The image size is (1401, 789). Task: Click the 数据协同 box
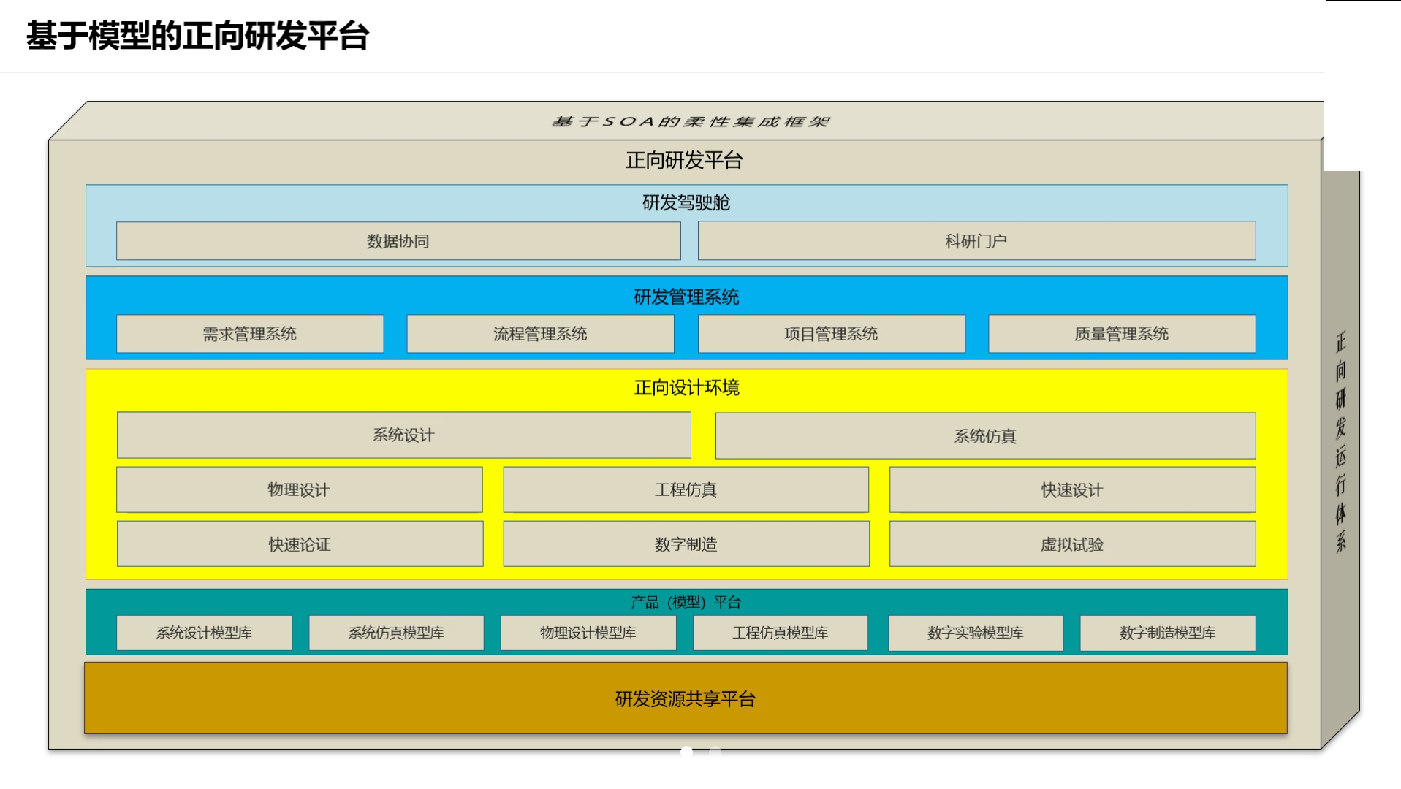pyautogui.click(x=398, y=241)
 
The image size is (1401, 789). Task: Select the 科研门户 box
pyautogui.click(x=976, y=241)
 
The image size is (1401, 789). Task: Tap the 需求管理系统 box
pyautogui.click(x=250, y=334)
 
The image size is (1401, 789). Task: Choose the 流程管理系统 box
pyautogui.click(x=540, y=334)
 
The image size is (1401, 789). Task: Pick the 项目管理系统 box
pyautogui.click(x=831, y=334)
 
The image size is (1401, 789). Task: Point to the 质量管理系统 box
pyautogui.click(x=1122, y=334)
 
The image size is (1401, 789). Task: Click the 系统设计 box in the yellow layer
pyautogui.click(x=403, y=435)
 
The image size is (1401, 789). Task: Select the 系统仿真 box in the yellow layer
pyautogui.click(x=985, y=436)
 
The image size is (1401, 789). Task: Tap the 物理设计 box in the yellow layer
pyautogui.click(x=299, y=489)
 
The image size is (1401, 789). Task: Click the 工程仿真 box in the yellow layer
pyautogui.click(x=686, y=489)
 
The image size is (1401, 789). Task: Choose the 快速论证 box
pyautogui.click(x=300, y=544)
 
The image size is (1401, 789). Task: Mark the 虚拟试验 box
pyautogui.click(x=1072, y=544)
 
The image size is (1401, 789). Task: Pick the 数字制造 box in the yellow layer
pyautogui.click(x=686, y=544)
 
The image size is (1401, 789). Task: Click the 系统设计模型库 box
pyautogui.click(x=204, y=633)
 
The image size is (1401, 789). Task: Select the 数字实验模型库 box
pyautogui.click(x=976, y=633)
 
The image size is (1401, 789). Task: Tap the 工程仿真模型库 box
pyautogui.click(x=781, y=633)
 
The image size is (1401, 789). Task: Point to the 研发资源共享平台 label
pyautogui.click(x=686, y=699)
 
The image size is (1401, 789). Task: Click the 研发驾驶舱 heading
pyautogui.click(x=686, y=202)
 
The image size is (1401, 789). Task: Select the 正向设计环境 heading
pyautogui.click(x=687, y=387)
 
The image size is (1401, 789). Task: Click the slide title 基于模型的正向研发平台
pyautogui.click(x=197, y=36)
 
